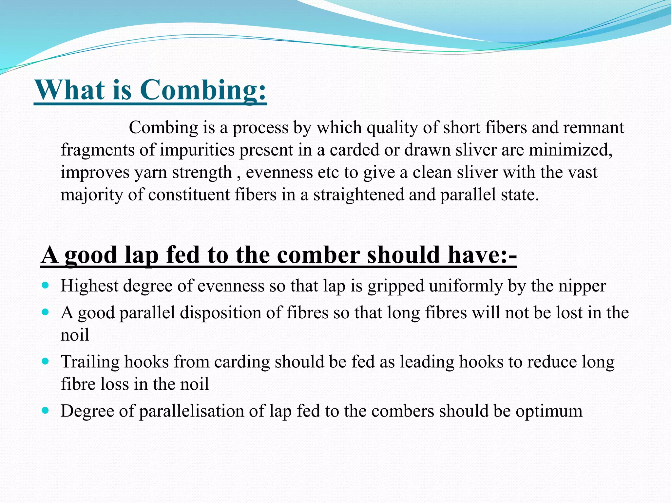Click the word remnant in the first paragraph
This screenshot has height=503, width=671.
coord(593,128)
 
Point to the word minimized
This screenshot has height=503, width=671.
coord(570,150)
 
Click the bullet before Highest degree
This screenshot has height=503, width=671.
coord(46,285)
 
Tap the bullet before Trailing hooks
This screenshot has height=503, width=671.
coord(46,361)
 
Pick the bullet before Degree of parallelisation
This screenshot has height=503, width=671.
coord(46,410)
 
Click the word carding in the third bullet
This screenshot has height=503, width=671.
coord(242,363)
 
